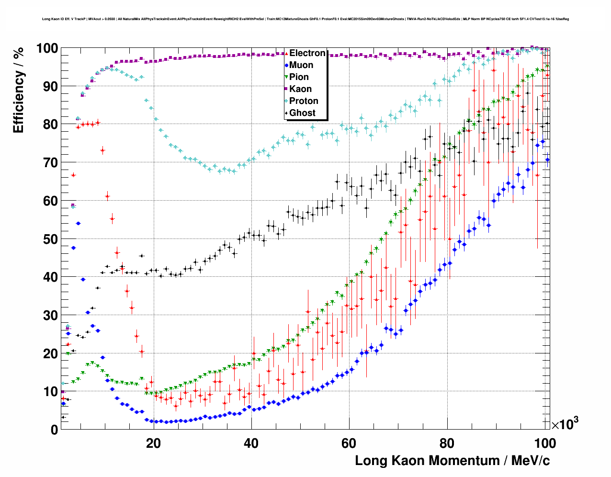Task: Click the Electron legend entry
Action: (307, 53)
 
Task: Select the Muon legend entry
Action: (301, 65)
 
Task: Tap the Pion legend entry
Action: (299, 77)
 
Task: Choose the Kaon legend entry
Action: (300, 89)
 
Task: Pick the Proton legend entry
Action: (304, 101)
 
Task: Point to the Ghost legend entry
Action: (302, 113)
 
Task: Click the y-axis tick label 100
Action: (47, 48)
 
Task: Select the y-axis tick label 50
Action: (50, 239)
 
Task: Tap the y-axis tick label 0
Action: (54, 430)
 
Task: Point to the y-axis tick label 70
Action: (50, 163)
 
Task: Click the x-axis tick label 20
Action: (153, 443)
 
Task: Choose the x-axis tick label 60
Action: (349, 443)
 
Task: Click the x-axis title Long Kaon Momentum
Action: (452, 461)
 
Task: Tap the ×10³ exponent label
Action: (565, 424)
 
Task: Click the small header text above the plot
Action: (305, 19)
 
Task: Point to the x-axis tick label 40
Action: (251, 443)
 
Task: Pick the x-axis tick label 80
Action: (447, 443)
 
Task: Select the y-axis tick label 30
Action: (50, 315)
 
